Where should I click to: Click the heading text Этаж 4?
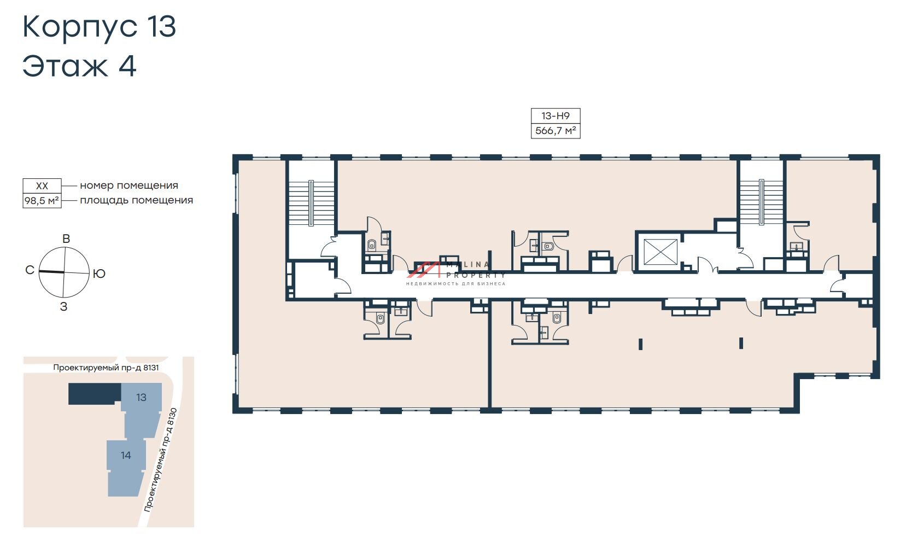(x=79, y=66)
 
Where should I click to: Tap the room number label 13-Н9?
(x=556, y=115)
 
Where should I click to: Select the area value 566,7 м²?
(x=556, y=131)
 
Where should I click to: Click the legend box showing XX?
(x=42, y=186)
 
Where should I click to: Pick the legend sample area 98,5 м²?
(x=42, y=200)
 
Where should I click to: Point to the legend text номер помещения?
(x=129, y=186)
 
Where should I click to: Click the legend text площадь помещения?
(x=136, y=200)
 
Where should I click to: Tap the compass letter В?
(x=66, y=238)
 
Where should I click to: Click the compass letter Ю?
(x=99, y=273)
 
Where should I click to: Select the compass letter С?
(x=30, y=270)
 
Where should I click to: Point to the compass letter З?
(x=63, y=307)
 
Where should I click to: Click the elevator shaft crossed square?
(x=660, y=252)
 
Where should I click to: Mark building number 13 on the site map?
(x=141, y=397)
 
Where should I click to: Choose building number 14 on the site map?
(x=126, y=455)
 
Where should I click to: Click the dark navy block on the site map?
(x=95, y=394)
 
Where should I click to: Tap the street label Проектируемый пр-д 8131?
(x=106, y=368)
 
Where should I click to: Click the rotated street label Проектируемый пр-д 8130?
(x=161, y=460)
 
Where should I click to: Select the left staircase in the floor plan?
(x=311, y=203)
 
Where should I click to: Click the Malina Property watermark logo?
(x=455, y=273)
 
